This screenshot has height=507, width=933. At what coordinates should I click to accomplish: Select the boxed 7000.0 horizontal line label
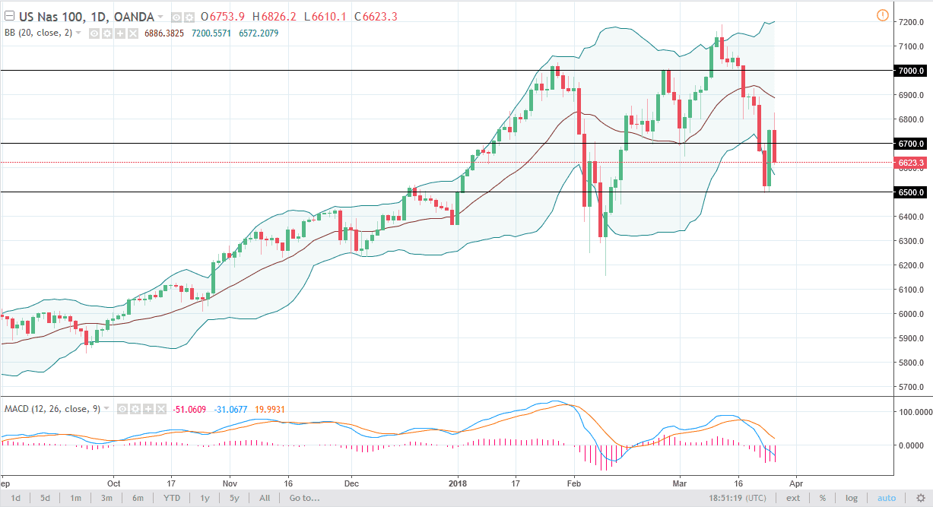tap(910, 71)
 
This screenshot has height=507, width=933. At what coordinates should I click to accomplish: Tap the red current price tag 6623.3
tap(910, 163)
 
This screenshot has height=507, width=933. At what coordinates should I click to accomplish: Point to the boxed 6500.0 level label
tap(910, 192)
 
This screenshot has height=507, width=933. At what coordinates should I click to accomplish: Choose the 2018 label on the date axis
tap(458, 483)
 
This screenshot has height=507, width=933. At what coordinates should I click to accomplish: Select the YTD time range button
tap(171, 499)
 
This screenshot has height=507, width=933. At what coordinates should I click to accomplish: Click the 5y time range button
tap(233, 499)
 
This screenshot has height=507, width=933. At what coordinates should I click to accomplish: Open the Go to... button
tap(303, 499)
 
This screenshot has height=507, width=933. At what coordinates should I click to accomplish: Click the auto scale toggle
tap(887, 499)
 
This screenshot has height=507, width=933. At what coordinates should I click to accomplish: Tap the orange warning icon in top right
tap(882, 15)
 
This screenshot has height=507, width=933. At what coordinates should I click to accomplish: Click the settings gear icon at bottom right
tap(920, 499)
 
